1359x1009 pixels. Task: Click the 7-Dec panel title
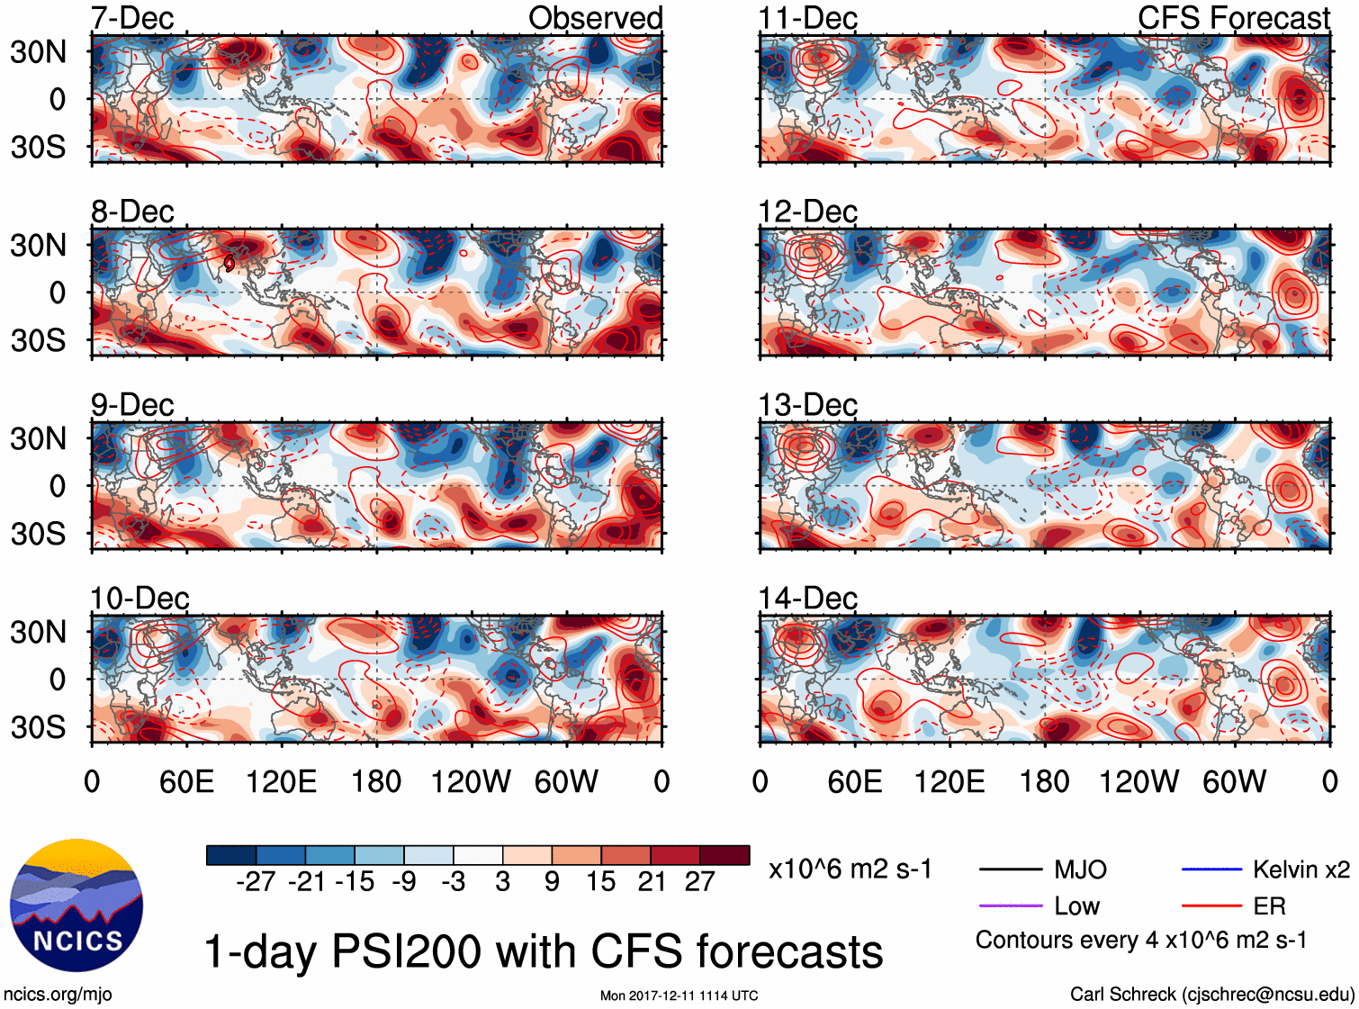click(x=132, y=18)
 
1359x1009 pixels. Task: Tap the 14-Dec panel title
click(x=807, y=598)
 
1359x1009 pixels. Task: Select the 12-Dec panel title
click(x=807, y=212)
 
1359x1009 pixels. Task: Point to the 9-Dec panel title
click(x=132, y=405)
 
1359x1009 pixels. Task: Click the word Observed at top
click(x=595, y=18)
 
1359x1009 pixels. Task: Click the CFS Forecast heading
click(x=1233, y=18)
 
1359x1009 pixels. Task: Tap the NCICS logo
click(x=76, y=905)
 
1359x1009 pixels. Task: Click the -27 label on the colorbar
click(x=256, y=881)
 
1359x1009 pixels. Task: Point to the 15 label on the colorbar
click(x=601, y=881)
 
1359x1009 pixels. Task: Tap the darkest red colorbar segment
click(x=724, y=855)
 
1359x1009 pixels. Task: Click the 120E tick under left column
click(x=281, y=781)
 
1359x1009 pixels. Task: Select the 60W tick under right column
click(x=1234, y=781)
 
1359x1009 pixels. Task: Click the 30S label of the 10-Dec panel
click(x=39, y=726)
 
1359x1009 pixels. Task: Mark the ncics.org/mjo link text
click(x=58, y=994)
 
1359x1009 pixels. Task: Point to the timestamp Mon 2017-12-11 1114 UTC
click(x=679, y=995)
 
